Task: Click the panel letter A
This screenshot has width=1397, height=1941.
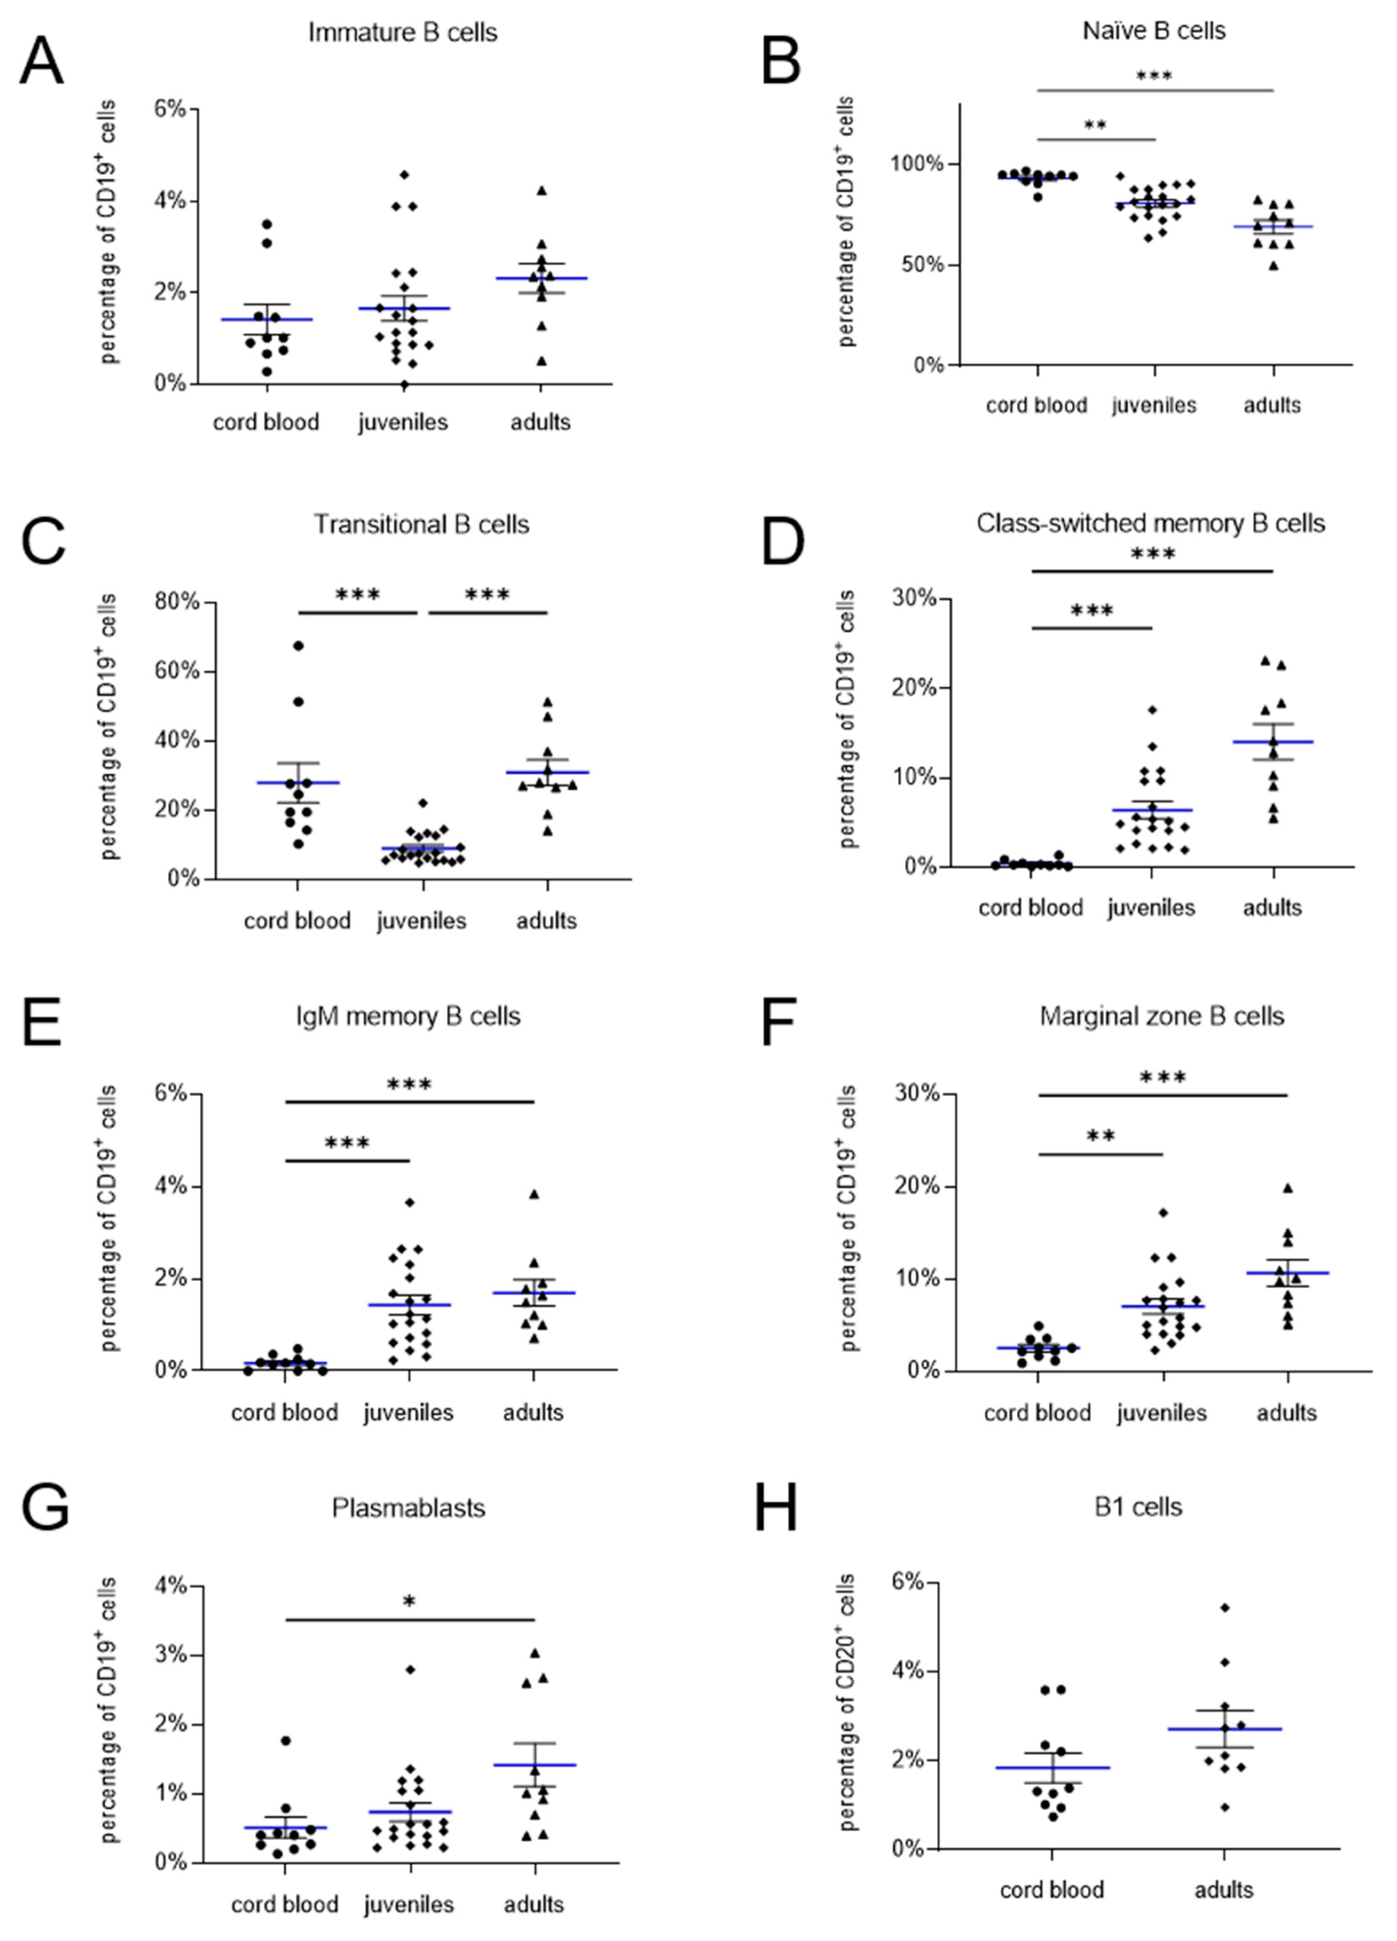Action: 41,62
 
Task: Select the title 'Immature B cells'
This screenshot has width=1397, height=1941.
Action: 403,32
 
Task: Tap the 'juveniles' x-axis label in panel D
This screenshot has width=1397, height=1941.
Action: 1150,907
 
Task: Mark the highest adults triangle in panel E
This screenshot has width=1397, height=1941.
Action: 534,1194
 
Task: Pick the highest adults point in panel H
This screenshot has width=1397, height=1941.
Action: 1225,1607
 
